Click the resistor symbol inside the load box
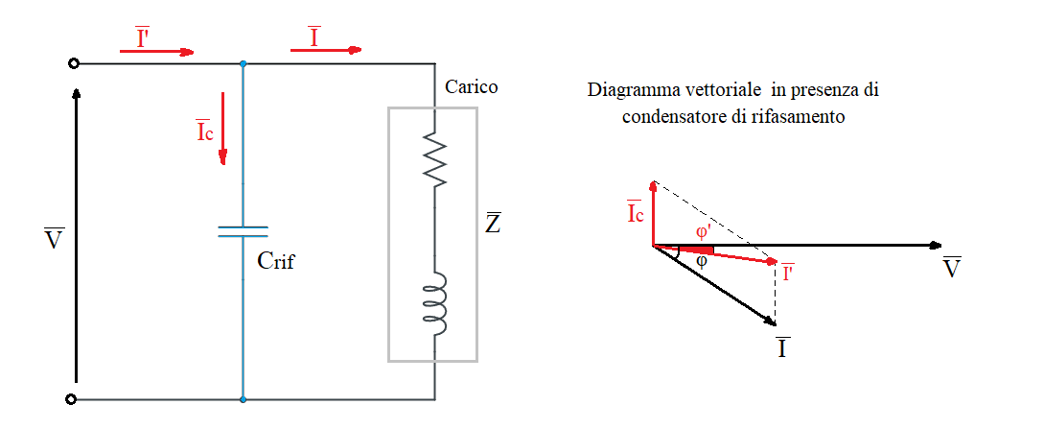tap(435, 161)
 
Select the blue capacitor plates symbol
tap(243, 231)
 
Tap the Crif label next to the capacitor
tap(276, 260)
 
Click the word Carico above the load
tap(471, 87)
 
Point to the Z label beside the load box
tap(492, 225)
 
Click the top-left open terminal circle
tap(73, 64)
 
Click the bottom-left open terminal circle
tap(73, 398)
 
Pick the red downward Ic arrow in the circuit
tap(222, 128)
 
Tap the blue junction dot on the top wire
tap(243, 64)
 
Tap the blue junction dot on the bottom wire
tap(243, 398)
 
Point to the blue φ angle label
tap(702, 260)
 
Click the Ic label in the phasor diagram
tap(634, 213)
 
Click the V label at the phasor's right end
tap(951, 268)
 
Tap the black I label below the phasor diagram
tap(782, 346)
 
